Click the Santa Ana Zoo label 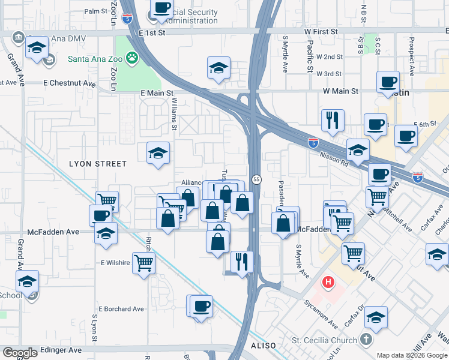(95, 59)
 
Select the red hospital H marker (328, 281)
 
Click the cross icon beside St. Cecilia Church (366, 340)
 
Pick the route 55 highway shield (256, 179)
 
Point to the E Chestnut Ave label (69, 83)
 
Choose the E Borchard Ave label (122, 309)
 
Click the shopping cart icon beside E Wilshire (144, 262)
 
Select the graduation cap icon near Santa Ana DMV (37, 47)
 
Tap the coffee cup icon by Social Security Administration (161, 8)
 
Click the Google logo (20, 353)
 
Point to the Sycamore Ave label (320, 313)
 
